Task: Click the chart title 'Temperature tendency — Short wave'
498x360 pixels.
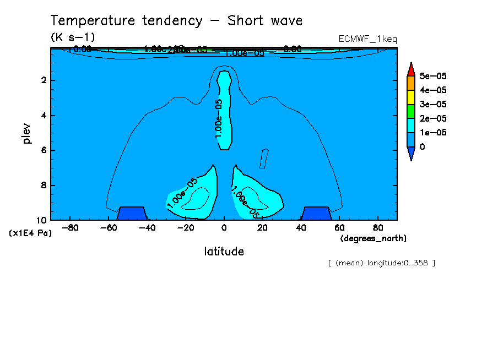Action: tap(177, 21)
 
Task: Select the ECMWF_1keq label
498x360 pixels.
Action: tap(368, 39)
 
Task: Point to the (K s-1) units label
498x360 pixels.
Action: tap(73, 37)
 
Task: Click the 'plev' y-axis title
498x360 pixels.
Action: tap(27, 133)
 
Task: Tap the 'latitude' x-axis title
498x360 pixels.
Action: tap(224, 252)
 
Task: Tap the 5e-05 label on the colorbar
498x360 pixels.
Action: tap(433, 75)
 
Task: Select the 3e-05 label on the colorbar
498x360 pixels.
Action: tap(433, 104)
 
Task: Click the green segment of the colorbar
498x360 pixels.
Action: tap(410, 111)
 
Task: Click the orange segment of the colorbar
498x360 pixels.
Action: tap(410, 83)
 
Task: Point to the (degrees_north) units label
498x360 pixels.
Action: tap(373, 238)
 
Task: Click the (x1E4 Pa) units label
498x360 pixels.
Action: tap(30, 233)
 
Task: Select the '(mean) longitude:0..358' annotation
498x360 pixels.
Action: tap(381, 263)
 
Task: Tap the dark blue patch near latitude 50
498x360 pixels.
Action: tap(316, 214)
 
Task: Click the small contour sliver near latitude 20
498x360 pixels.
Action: tap(264, 159)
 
